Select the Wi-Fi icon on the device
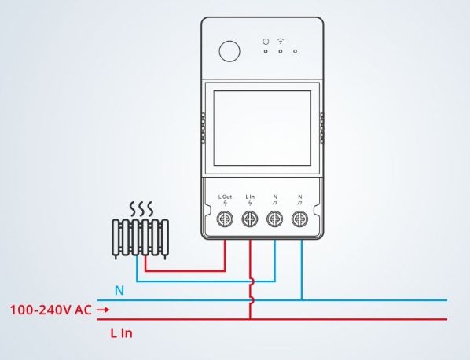(x=281, y=41)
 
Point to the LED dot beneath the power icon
(x=266, y=53)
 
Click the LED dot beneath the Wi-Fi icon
(x=281, y=53)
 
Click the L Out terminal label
(x=225, y=196)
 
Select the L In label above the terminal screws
(x=250, y=196)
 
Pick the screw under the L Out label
(x=225, y=220)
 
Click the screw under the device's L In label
(x=250, y=220)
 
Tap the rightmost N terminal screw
(x=300, y=220)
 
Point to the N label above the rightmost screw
(x=300, y=196)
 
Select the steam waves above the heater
(x=141, y=208)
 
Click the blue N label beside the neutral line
(x=119, y=290)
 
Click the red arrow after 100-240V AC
(x=101, y=310)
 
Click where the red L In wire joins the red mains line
(x=250, y=319)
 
